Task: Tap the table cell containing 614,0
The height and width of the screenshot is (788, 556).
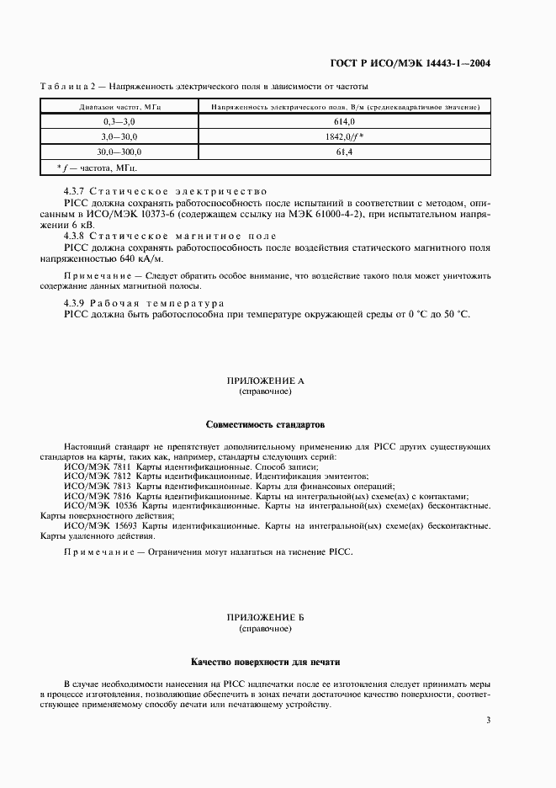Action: [344, 122]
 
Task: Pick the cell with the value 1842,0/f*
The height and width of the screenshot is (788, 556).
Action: [344, 136]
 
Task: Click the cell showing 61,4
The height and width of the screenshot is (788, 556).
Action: [344, 152]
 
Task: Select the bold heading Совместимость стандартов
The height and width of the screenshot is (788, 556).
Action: [265, 424]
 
